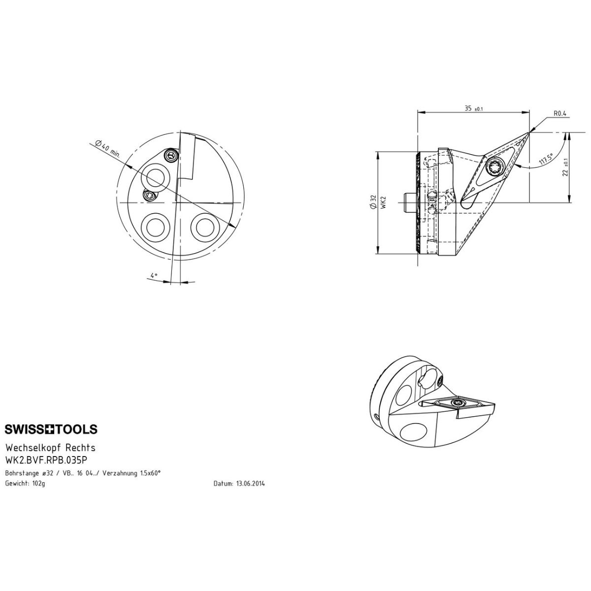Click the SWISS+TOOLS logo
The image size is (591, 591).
pos(51,429)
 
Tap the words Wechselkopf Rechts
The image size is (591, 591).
pos(50,448)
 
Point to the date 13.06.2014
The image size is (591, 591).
pos(250,484)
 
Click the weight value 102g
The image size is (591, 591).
pos(38,484)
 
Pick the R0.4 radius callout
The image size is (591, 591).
pos(560,113)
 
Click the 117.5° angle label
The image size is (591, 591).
pos(546,160)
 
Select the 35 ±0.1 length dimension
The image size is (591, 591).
pos(474,108)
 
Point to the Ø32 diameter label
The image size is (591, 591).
pos(373,202)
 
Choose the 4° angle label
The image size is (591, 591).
pos(153,275)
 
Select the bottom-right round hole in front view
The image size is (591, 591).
pos(205,227)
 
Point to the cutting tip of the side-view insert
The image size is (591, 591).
pos(528,133)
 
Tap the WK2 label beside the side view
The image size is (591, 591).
pos(383,203)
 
